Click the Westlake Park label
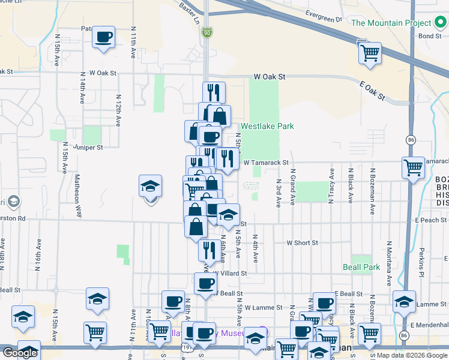point(267,127)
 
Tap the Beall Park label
point(361,267)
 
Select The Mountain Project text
point(390,23)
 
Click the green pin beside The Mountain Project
point(440,23)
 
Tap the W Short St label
point(302,243)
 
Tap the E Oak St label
point(373,91)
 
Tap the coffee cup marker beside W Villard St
point(205,283)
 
